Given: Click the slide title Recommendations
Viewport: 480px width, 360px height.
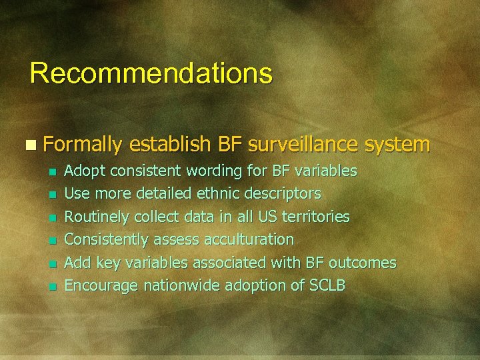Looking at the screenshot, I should pyautogui.click(x=151, y=73).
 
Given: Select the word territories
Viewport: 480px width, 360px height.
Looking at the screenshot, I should pyautogui.click(x=315, y=217).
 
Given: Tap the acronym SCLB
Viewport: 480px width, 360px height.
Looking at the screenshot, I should pyautogui.click(x=328, y=285).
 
